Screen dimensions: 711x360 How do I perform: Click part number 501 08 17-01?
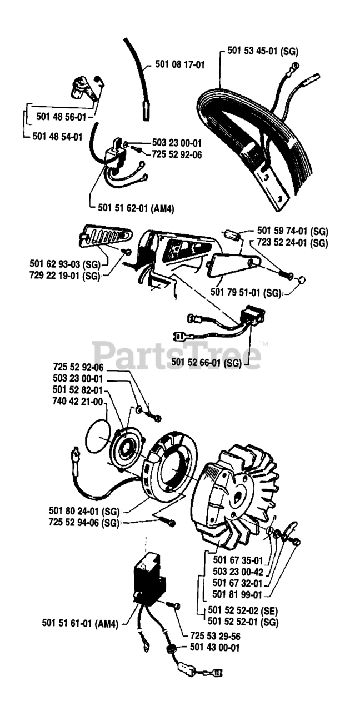[x=180, y=65]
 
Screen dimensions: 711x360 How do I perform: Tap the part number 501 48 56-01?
[x=61, y=117]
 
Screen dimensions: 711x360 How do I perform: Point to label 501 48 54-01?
[x=58, y=136]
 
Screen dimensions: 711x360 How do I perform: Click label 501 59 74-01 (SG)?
[x=292, y=231]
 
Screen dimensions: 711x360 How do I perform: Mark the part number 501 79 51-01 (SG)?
[x=246, y=292]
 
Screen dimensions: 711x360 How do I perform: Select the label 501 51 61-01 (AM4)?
[x=81, y=623]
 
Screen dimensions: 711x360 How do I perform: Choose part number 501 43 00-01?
[x=214, y=647]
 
